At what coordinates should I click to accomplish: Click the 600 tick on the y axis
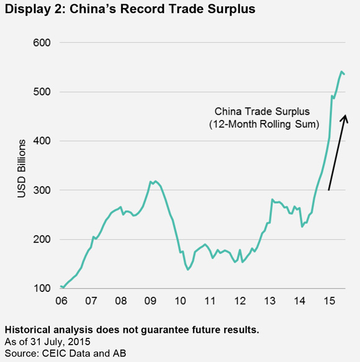pyautogui.click(x=42, y=43)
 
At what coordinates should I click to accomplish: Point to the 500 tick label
pyautogui.click(x=42, y=92)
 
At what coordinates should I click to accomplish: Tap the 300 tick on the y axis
pyautogui.click(x=42, y=190)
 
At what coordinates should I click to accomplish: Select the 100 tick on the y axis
pyautogui.click(x=42, y=288)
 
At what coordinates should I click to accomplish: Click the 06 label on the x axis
pyautogui.click(x=61, y=301)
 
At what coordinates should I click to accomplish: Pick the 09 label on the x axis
pyautogui.click(x=150, y=301)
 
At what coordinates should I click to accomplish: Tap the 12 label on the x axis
pyautogui.click(x=240, y=301)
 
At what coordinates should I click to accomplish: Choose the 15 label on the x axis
pyautogui.click(x=330, y=301)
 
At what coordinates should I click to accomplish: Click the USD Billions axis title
pyautogui.click(x=22, y=168)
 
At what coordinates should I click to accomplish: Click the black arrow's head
pyautogui.click(x=345, y=118)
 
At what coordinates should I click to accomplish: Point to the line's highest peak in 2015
pyautogui.click(x=341, y=72)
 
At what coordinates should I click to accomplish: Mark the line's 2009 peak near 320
pyautogui.click(x=155, y=181)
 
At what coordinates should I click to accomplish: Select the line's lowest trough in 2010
pyautogui.click(x=188, y=269)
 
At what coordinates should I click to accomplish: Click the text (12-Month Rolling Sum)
pyautogui.click(x=264, y=124)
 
